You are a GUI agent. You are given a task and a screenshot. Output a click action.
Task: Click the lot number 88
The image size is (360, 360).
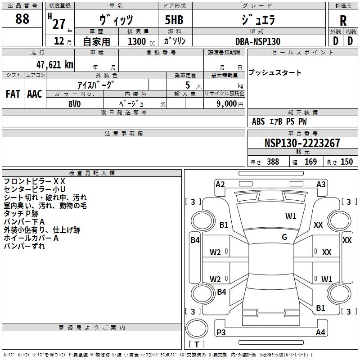(22, 19)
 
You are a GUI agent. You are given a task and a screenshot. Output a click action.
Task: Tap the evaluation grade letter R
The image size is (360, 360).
(343, 20)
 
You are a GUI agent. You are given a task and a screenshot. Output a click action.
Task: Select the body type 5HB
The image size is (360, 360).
(174, 20)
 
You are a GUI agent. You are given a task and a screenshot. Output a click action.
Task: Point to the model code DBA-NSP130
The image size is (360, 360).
(258, 41)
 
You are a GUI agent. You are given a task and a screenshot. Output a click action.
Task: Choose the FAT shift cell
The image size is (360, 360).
(13, 94)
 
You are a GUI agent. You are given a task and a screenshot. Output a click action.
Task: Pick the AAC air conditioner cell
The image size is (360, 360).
(35, 94)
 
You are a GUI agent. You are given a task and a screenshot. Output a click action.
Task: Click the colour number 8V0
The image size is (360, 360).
(74, 103)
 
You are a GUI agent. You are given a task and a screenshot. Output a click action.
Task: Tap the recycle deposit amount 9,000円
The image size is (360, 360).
(229, 104)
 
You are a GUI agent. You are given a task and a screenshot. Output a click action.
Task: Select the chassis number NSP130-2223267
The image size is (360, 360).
(302, 144)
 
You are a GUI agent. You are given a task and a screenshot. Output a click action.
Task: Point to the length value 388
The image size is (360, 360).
(273, 162)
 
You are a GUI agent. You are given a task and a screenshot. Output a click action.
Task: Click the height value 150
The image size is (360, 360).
(346, 162)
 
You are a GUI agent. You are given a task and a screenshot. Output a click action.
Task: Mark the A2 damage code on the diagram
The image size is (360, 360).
(220, 184)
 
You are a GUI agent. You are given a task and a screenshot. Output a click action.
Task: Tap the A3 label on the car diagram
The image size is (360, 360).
(321, 184)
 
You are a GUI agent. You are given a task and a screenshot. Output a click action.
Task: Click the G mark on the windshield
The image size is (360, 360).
(284, 237)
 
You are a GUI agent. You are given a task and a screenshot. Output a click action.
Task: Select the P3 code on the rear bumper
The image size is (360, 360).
(221, 333)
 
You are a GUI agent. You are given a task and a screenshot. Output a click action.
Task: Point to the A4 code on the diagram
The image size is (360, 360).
(320, 333)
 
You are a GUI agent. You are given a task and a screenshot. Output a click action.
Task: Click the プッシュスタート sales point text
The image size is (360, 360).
(275, 73)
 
